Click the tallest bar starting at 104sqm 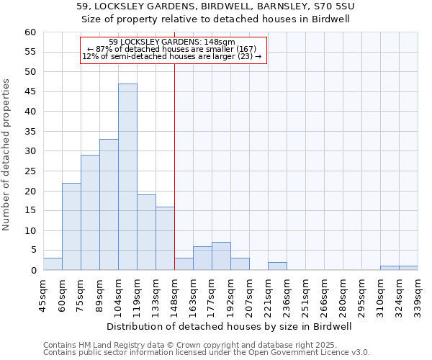(127, 177)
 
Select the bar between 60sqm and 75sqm (71, 227)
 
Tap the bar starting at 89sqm (109, 204)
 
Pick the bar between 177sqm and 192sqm (221, 256)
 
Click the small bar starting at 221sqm (277, 266)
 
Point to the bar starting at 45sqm (53, 264)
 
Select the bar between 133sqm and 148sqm (165, 238)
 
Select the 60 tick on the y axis (30, 32)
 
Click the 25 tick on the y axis (30, 171)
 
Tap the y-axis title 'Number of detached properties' (7, 155)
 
